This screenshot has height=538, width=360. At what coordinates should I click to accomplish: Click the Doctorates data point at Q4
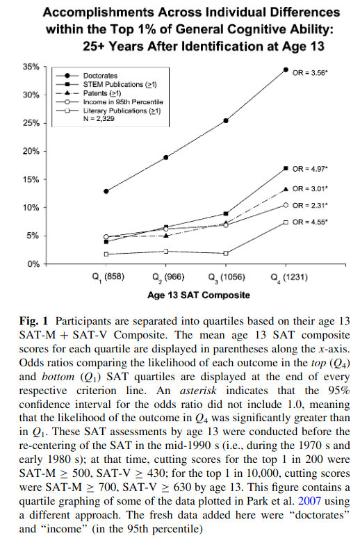[x=286, y=70]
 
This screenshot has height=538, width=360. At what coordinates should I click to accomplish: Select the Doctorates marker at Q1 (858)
[x=106, y=191]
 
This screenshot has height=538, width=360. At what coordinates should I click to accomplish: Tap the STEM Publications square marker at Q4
[x=286, y=168]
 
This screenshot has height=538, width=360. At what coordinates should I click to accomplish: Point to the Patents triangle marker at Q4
[x=286, y=188]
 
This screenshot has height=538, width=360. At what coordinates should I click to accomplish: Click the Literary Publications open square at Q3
[x=226, y=253]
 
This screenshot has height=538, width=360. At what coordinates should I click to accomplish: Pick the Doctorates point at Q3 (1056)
[x=226, y=121]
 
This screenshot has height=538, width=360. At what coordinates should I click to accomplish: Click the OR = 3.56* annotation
[x=310, y=73]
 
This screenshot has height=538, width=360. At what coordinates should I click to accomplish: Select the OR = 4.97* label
[x=310, y=169]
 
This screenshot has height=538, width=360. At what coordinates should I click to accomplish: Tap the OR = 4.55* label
[x=310, y=222]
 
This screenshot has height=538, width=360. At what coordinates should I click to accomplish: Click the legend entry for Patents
[x=102, y=93]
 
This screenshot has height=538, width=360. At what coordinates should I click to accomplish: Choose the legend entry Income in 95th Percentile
[x=123, y=102]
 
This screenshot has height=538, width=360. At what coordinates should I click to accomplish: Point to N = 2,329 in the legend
[x=99, y=119]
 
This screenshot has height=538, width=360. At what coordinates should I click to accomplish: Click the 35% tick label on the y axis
[x=31, y=67]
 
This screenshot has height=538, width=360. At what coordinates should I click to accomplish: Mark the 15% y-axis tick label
[x=31, y=179]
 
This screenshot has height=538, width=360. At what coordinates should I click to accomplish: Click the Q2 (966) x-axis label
[x=168, y=277]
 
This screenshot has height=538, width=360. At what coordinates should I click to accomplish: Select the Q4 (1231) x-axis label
[x=289, y=277]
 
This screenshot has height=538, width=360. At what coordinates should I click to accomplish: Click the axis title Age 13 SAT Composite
[x=199, y=295]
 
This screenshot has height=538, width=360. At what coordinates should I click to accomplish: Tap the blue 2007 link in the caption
[x=309, y=501]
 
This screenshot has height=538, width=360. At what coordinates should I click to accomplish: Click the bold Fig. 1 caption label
[x=33, y=321]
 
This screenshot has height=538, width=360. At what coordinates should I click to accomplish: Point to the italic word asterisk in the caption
[x=198, y=391]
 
